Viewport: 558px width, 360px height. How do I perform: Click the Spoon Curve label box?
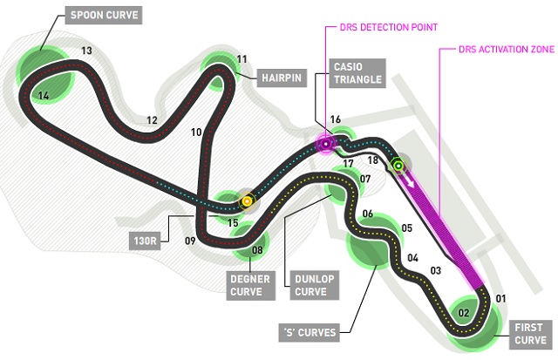(104, 15)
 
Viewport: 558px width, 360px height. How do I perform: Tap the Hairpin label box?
(282, 78)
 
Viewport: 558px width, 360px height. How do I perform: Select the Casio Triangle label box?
(357, 73)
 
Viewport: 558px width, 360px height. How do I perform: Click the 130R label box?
(145, 241)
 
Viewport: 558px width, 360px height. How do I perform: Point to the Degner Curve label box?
(250, 285)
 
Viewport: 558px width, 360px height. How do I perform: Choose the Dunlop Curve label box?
(315, 285)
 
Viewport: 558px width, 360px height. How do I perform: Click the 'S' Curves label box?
(310, 333)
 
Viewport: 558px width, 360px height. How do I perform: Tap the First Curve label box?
(530, 334)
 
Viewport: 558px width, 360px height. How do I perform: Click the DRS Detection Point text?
(389, 27)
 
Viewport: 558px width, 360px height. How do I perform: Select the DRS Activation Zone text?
(507, 49)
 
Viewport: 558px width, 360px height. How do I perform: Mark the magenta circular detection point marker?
(326, 144)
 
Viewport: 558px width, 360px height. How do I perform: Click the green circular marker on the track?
(398, 166)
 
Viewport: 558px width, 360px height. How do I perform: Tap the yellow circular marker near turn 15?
(247, 201)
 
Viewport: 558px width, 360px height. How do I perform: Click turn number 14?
(44, 96)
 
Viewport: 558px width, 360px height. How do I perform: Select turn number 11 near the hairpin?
(242, 59)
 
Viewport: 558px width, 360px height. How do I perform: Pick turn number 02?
(463, 313)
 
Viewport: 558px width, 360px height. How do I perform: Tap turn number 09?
(190, 241)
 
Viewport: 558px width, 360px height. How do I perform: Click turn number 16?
(335, 119)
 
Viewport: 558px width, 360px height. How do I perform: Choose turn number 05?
(407, 228)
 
